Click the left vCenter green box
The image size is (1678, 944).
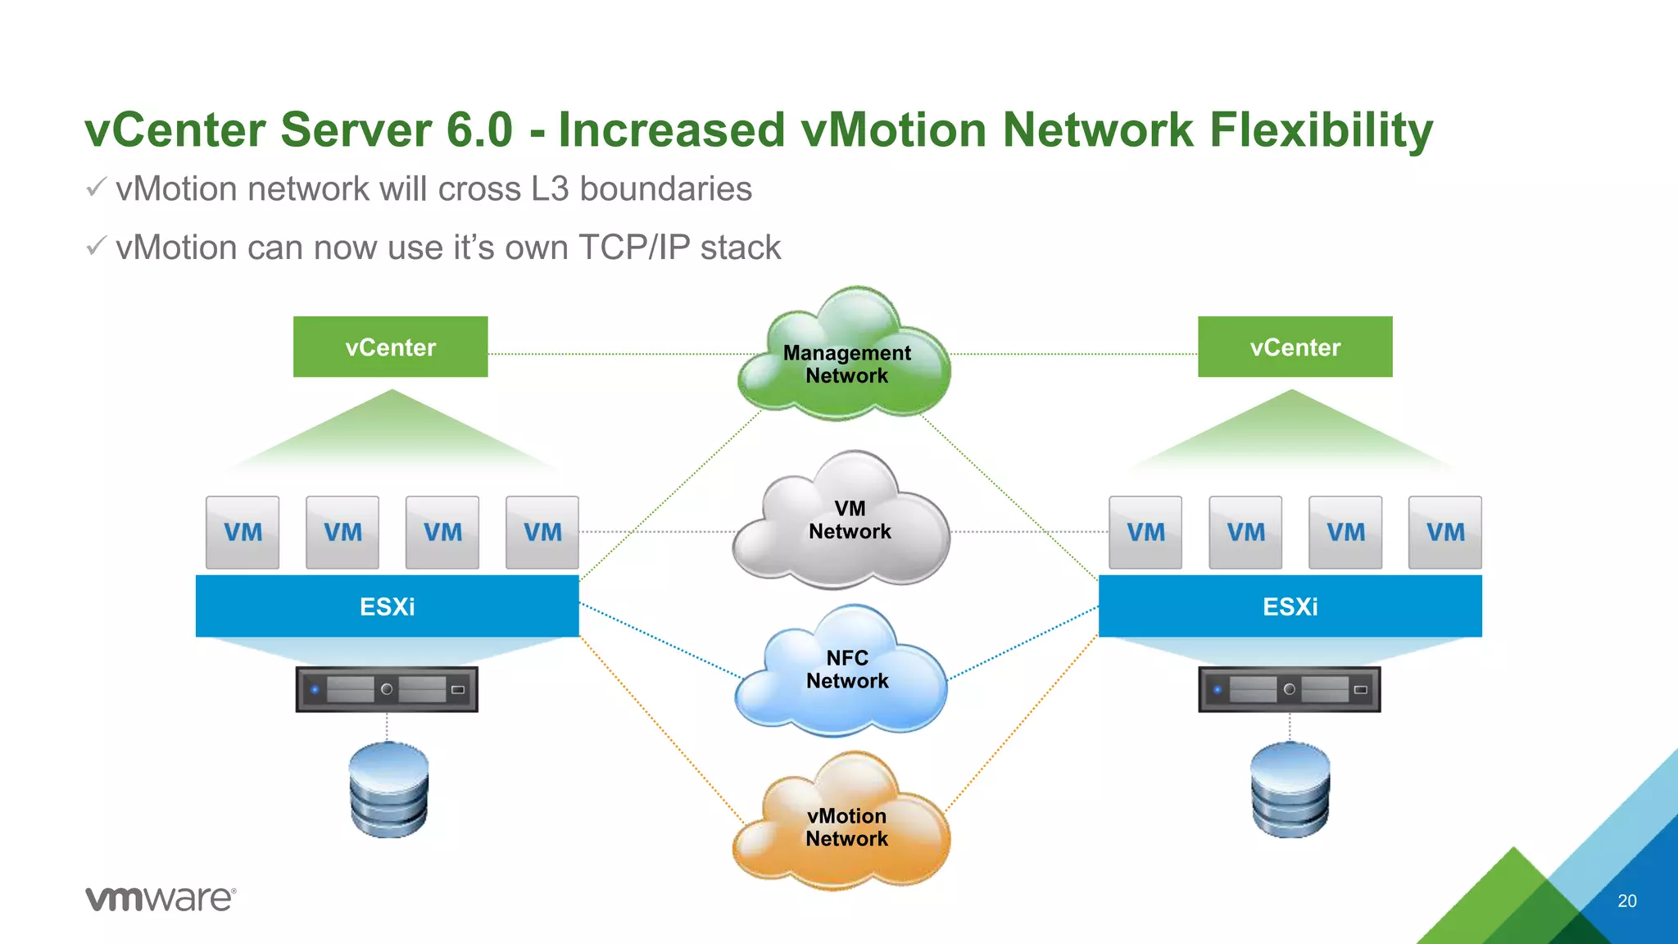click(390, 347)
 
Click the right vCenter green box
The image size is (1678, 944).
click(1295, 347)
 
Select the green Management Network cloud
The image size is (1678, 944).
click(846, 361)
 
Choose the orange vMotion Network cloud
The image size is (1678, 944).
click(844, 828)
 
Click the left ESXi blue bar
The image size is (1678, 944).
click(387, 606)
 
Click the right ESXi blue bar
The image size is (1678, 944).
click(1290, 606)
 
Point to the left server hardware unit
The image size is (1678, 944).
click(387, 689)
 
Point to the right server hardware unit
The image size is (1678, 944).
click(1290, 689)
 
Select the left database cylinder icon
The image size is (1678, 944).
click(388, 790)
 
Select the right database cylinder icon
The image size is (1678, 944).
click(1290, 790)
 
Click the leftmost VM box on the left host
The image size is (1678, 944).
click(243, 532)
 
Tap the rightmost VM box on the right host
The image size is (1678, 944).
click(1445, 532)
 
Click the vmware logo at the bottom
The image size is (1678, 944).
click(161, 899)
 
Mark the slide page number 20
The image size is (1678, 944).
click(1627, 901)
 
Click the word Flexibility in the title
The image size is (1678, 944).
click(1321, 131)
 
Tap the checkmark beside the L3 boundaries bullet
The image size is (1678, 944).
click(96, 188)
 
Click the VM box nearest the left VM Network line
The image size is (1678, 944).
click(542, 532)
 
